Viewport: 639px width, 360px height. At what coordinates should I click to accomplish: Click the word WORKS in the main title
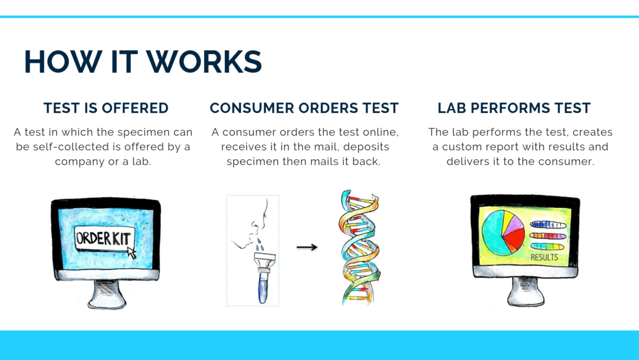pyautogui.click(x=204, y=62)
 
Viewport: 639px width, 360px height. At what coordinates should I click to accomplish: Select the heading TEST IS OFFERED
pyautogui.click(x=106, y=108)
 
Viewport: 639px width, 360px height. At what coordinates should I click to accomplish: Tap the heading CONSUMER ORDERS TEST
pyautogui.click(x=304, y=108)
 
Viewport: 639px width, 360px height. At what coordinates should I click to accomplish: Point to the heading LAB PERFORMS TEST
pyautogui.click(x=514, y=108)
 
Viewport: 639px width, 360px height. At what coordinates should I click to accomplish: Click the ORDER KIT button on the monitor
pyautogui.click(x=104, y=239)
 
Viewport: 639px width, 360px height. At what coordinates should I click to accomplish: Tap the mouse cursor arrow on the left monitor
pyautogui.click(x=131, y=252)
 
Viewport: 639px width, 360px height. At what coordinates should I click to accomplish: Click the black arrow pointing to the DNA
pyautogui.click(x=306, y=247)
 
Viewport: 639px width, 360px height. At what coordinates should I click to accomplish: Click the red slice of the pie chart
pyautogui.click(x=513, y=239)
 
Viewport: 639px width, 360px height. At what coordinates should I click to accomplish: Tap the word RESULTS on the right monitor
pyautogui.click(x=544, y=258)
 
